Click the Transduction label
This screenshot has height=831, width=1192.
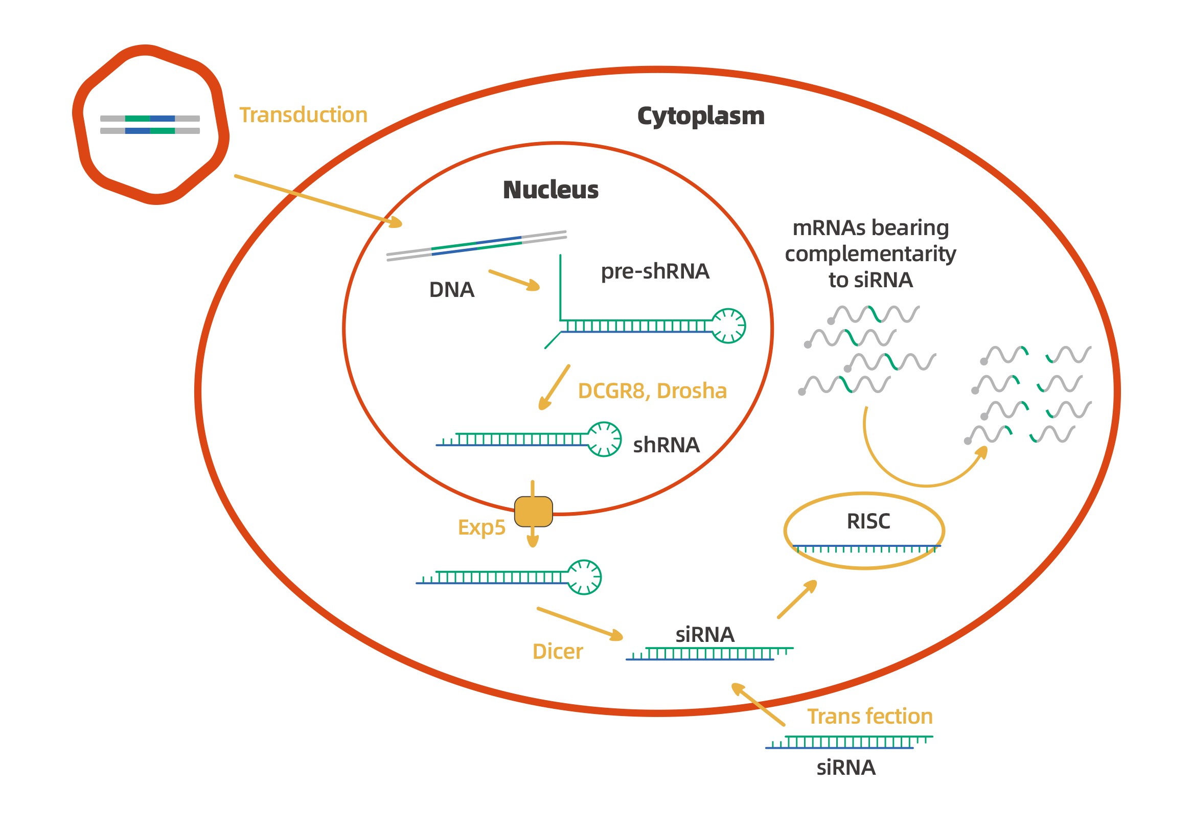pyautogui.click(x=303, y=115)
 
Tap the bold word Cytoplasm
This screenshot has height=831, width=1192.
pyautogui.click(x=700, y=116)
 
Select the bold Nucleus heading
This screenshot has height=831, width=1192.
pyautogui.click(x=551, y=190)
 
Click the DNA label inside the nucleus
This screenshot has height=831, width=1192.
pyautogui.click(x=451, y=290)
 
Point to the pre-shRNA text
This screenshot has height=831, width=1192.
pyautogui.click(x=655, y=271)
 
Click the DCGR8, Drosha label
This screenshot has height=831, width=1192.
pyautogui.click(x=652, y=391)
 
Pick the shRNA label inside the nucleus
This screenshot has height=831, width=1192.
pyautogui.click(x=666, y=445)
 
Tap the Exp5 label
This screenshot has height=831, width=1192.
pyautogui.click(x=482, y=527)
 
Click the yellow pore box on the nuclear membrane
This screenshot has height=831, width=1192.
pyautogui.click(x=533, y=512)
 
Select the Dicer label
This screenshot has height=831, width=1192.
pyautogui.click(x=558, y=652)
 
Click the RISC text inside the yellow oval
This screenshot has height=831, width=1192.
pyautogui.click(x=868, y=521)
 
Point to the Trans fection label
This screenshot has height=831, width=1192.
pyautogui.click(x=869, y=717)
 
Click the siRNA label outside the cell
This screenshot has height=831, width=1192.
pyautogui.click(x=846, y=768)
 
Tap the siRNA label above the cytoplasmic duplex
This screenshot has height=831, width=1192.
pyautogui.click(x=704, y=634)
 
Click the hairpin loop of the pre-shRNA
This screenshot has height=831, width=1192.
pyautogui.click(x=728, y=326)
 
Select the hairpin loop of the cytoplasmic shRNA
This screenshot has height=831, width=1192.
pyautogui.click(x=584, y=577)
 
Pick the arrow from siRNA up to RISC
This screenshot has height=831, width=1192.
pyautogui.click(x=797, y=600)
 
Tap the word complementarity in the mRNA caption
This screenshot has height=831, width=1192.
pyautogui.click(x=870, y=254)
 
